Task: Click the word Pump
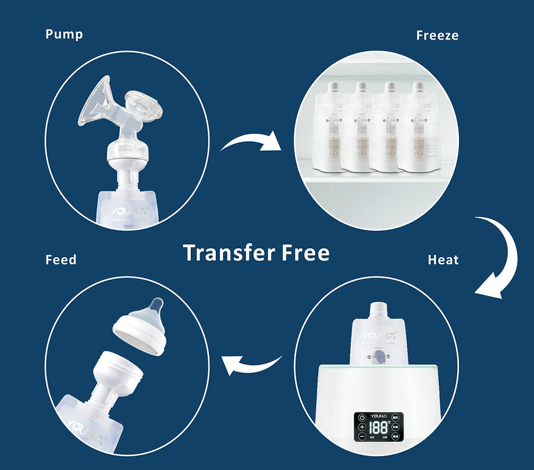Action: click(64, 34)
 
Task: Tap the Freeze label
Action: click(437, 35)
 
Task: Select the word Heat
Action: click(443, 260)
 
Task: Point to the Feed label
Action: click(60, 259)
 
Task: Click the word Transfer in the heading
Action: click(229, 253)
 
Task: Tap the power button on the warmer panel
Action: click(362, 417)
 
